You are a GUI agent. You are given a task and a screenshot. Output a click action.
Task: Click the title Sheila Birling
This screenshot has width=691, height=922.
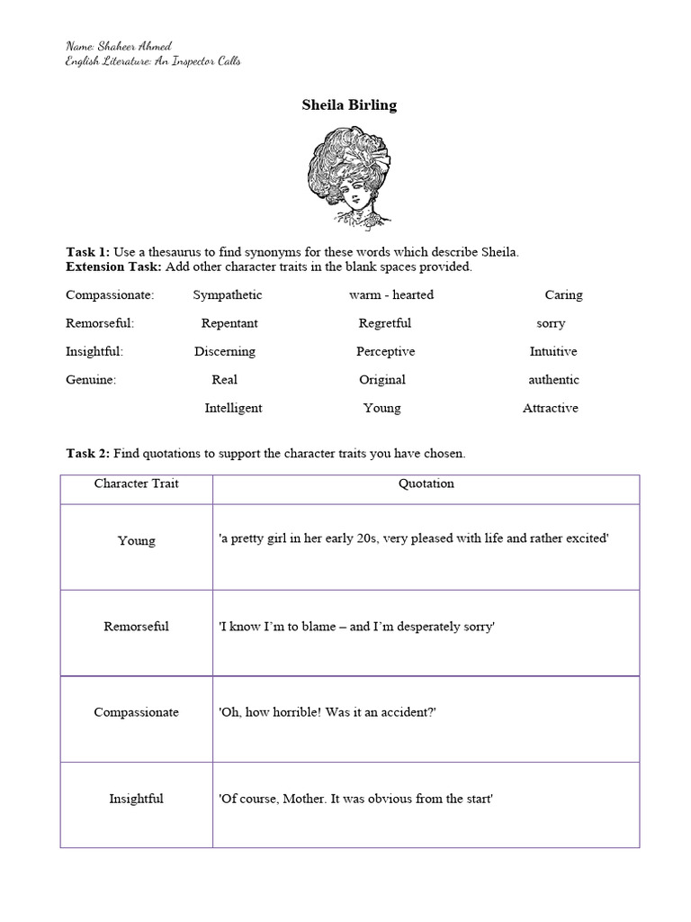pyautogui.click(x=348, y=105)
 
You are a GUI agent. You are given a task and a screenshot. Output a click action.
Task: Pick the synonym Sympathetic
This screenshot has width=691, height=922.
pyautogui.click(x=228, y=294)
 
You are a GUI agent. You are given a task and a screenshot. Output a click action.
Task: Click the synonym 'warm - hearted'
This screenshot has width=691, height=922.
pyautogui.click(x=391, y=294)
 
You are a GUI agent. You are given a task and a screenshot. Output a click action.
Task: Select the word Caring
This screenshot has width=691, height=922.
pyautogui.click(x=563, y=294)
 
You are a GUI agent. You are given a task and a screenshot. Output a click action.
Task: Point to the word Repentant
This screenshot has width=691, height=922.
pyautogui.click(x=229, y=323)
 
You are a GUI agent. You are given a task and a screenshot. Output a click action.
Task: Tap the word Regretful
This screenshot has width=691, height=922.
pyautogui.click(x=384, y=323)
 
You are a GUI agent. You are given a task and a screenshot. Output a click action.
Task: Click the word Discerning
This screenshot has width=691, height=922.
pyautogui.click(x=225, y=351)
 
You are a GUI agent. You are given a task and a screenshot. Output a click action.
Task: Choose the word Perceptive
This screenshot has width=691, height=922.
pyautogui.click(x=385, y=351)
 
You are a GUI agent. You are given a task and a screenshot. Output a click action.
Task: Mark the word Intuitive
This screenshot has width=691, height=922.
pyautogui.click(x=553, y=351)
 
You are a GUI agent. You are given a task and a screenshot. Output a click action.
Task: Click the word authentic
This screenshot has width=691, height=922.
pyautogui.click(x=553, y=380)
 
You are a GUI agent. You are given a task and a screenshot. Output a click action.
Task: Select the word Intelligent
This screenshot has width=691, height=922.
pyautogui.click(x=233, y=408)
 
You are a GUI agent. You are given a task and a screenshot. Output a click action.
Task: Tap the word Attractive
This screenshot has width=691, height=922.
pyautogui.click(x=551, y=408)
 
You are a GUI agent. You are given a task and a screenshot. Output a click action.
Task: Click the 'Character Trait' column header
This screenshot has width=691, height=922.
pyautogui.click(x=137, y=484)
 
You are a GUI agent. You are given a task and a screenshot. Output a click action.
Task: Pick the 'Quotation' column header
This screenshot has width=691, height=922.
pyautogui.click(x=426, y=484)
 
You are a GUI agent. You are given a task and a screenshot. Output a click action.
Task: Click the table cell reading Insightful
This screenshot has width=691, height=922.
pyautogui.click(x=137, y=799)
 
